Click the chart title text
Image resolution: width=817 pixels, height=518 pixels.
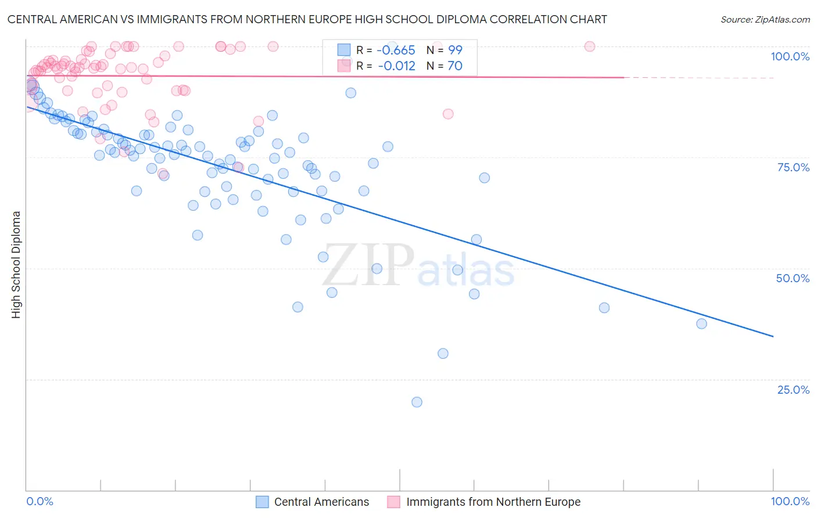307,19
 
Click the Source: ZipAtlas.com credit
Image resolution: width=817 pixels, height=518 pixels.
765,19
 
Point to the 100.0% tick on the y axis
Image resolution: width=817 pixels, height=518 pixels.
790,56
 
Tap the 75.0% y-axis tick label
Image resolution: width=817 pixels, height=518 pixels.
793,167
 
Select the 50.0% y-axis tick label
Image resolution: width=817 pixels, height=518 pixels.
793,278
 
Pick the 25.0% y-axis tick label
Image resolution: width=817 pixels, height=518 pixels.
793,389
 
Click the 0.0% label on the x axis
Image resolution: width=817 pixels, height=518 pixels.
40,501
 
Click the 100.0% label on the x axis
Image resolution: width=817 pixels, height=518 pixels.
790,501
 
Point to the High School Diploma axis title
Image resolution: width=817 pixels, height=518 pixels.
16,264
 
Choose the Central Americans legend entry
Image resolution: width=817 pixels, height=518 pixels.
321,502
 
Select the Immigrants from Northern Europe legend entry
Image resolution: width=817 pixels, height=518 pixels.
493,502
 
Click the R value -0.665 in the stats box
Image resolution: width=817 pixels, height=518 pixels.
396,51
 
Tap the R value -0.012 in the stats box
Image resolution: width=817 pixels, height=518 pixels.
396,66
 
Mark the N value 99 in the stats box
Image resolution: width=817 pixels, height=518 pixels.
455,51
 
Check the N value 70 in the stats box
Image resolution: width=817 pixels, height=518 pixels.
455,66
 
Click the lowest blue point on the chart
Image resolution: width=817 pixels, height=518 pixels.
417,402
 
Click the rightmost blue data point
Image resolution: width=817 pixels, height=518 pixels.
701,323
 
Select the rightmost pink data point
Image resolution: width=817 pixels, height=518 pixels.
590,46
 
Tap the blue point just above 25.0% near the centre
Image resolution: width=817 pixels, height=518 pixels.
443,353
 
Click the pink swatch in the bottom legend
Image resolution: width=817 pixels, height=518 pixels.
394,502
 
